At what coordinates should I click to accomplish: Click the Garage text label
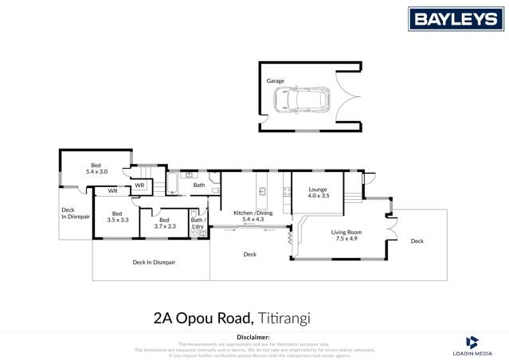275,80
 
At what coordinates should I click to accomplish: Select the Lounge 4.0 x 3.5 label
318,192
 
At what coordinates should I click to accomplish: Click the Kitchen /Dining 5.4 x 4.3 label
253,216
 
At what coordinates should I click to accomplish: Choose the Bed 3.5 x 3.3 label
118,216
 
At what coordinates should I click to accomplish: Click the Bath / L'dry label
198,223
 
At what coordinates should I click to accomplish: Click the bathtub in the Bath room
170,186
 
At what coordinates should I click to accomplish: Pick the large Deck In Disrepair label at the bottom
153,261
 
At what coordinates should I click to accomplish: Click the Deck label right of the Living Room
417,241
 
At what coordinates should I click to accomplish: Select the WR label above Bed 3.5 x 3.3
112,191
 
